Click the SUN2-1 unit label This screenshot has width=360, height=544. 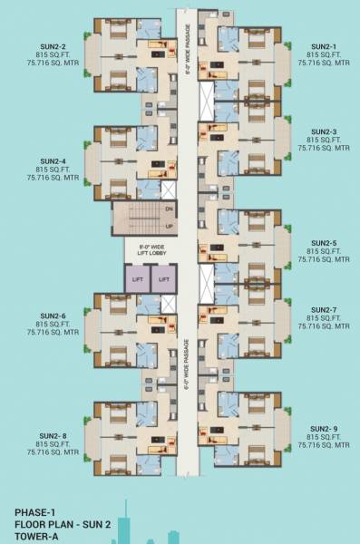point(323,46)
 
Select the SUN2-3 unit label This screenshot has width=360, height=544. point(323,131)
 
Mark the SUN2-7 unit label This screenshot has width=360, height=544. point(323,309)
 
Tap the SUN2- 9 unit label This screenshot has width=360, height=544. point(323,429)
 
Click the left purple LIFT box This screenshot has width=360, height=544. point(137,280)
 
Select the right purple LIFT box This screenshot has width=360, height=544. point(163,280)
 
